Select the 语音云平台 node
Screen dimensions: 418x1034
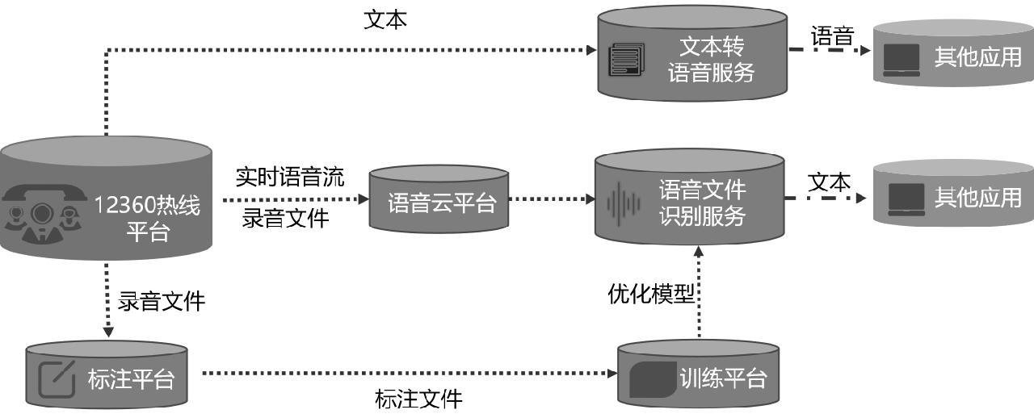(x=439, y=202)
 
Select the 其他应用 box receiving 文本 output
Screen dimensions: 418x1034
(x=953, y=198)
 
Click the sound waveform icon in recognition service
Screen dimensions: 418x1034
(x=623, y=203)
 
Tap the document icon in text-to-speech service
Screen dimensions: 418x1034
(x=627, y=59)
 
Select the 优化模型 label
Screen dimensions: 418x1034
(x=650, y=294)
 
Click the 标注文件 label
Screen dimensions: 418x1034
(x=418, y=399)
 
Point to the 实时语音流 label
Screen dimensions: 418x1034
(x=290, y=177)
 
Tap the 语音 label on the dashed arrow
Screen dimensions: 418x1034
(x=832, y=36)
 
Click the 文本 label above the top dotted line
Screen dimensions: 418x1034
(x=385, y=19)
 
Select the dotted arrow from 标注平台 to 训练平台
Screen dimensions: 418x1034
(x=404, y=373)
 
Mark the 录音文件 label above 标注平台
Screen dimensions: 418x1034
(x=162, y=302)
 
